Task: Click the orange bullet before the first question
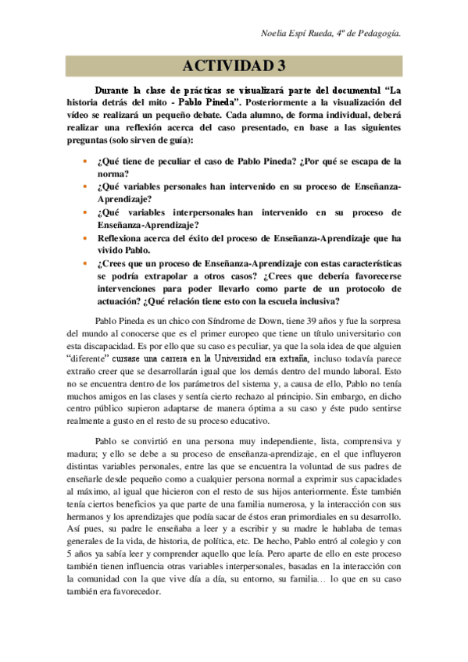(x=84, y=162)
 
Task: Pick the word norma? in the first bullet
(x=115, y=174)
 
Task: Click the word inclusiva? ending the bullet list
(x=312, y=301)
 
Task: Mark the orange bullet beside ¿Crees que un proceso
(x=84, y=263)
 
